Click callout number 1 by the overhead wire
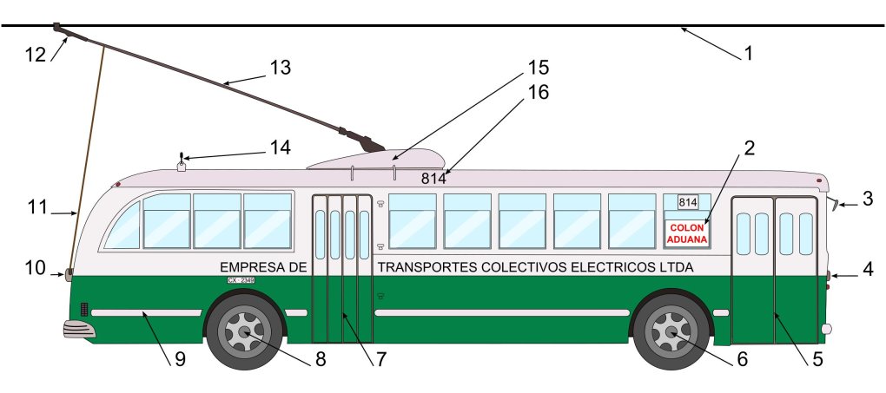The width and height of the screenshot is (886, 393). (746, 52)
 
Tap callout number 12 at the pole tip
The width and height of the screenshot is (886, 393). (35, 54)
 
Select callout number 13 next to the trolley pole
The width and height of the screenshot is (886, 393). (281, 68)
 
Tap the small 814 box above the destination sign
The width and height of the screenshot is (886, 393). (687, 202)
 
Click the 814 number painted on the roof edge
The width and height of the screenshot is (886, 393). (433, 179)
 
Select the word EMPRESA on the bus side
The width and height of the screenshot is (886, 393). (257, 267)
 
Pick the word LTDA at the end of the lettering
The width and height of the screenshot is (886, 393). (677, 267)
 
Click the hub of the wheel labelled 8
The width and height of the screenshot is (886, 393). (244, 331)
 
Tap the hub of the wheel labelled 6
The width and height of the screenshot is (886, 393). (672, 331)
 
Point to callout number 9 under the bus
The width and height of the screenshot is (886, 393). (180, 358)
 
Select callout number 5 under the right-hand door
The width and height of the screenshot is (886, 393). (813, 357)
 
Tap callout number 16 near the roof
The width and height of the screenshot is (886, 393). (539, 93)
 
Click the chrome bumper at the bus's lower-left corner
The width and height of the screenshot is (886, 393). (77, 330)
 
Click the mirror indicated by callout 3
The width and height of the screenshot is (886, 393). (833, 206)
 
